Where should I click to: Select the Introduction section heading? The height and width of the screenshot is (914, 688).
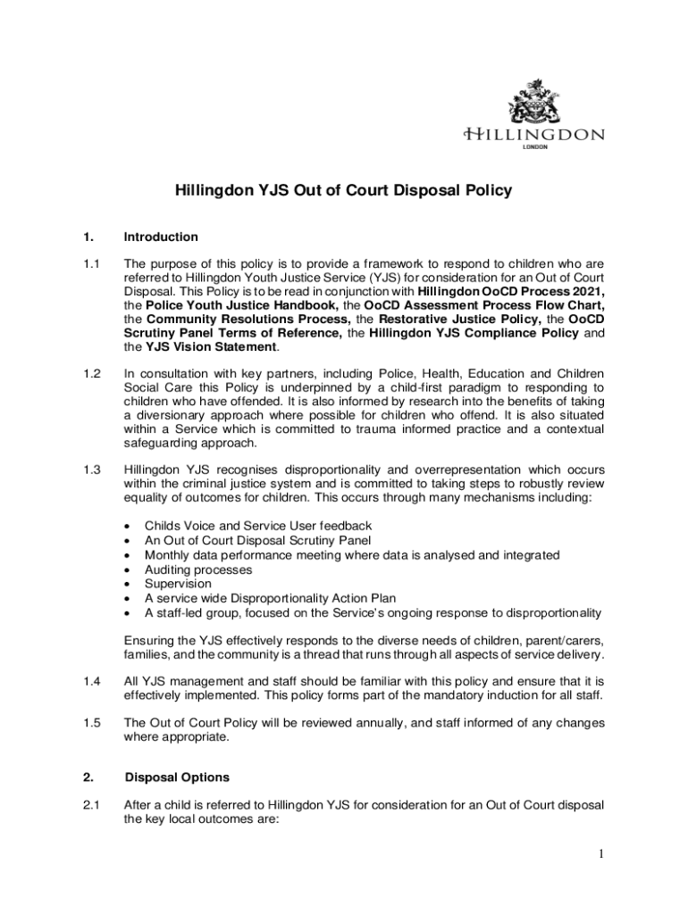click(x=161, y=237)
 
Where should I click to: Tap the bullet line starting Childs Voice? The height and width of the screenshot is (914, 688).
click(x=258, y=527)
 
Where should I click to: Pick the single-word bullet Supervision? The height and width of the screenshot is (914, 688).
click(x=179, y=584)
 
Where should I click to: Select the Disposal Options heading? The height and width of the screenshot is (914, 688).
click(x=177, y=777)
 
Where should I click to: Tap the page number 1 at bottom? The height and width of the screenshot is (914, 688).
click(x=602, y=855)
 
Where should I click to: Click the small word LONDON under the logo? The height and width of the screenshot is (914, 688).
click(x=534, y=147)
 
